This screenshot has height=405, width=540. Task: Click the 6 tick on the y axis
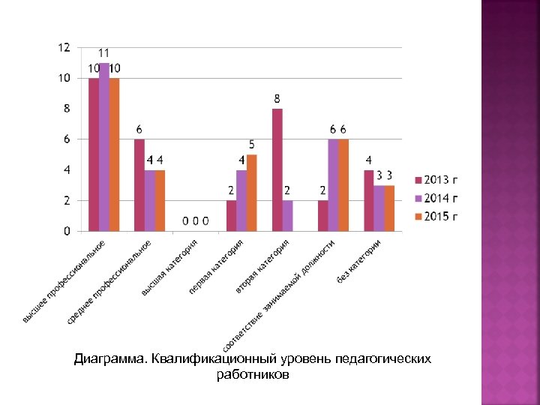point(67,139)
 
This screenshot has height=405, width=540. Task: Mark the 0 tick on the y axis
point(67,231)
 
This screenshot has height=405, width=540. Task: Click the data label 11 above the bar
point(104,53)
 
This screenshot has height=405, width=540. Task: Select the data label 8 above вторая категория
point(277,99)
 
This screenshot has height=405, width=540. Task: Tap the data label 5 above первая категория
point(252,145)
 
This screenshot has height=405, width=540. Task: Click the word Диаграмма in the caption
point(110,359)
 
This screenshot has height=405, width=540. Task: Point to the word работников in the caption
point(252,373)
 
